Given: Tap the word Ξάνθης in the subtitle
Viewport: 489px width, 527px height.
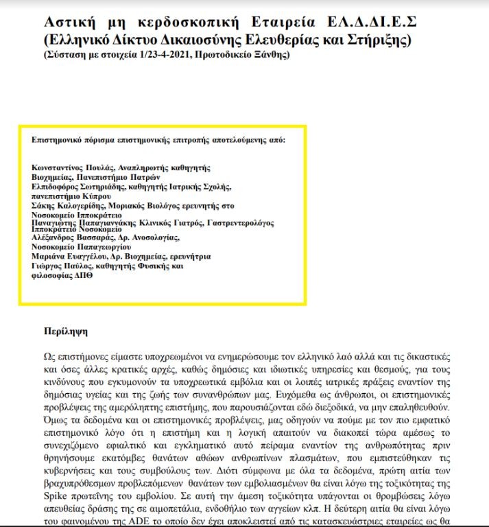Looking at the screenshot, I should point(272,54).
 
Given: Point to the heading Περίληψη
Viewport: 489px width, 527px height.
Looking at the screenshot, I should point(66,331).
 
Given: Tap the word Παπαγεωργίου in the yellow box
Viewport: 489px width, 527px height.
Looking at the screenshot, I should point(103,246).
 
